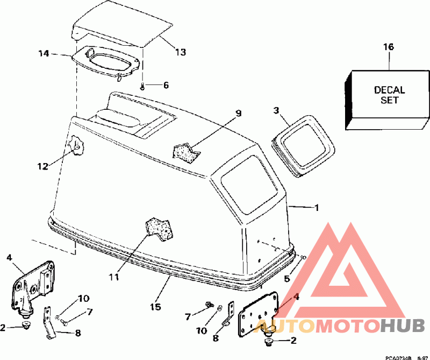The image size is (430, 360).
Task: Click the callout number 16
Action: point(388,47)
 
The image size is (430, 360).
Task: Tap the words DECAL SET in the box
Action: point(390,95)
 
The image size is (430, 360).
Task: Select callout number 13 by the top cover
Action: point(180,52)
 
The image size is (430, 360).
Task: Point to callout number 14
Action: point(44,53)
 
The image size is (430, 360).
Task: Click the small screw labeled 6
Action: point(142,86)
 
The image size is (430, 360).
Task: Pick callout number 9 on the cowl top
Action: point(239,114)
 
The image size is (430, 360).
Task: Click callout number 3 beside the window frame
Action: point(276,111)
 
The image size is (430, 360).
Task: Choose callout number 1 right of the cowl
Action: point(317,207)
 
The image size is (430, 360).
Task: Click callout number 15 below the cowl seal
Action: point(155,307)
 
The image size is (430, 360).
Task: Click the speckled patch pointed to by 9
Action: point(186,150)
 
